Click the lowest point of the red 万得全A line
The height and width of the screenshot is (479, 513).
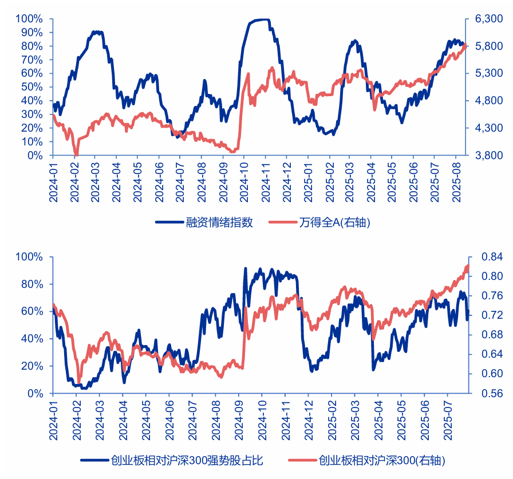(x=76, y=155)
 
